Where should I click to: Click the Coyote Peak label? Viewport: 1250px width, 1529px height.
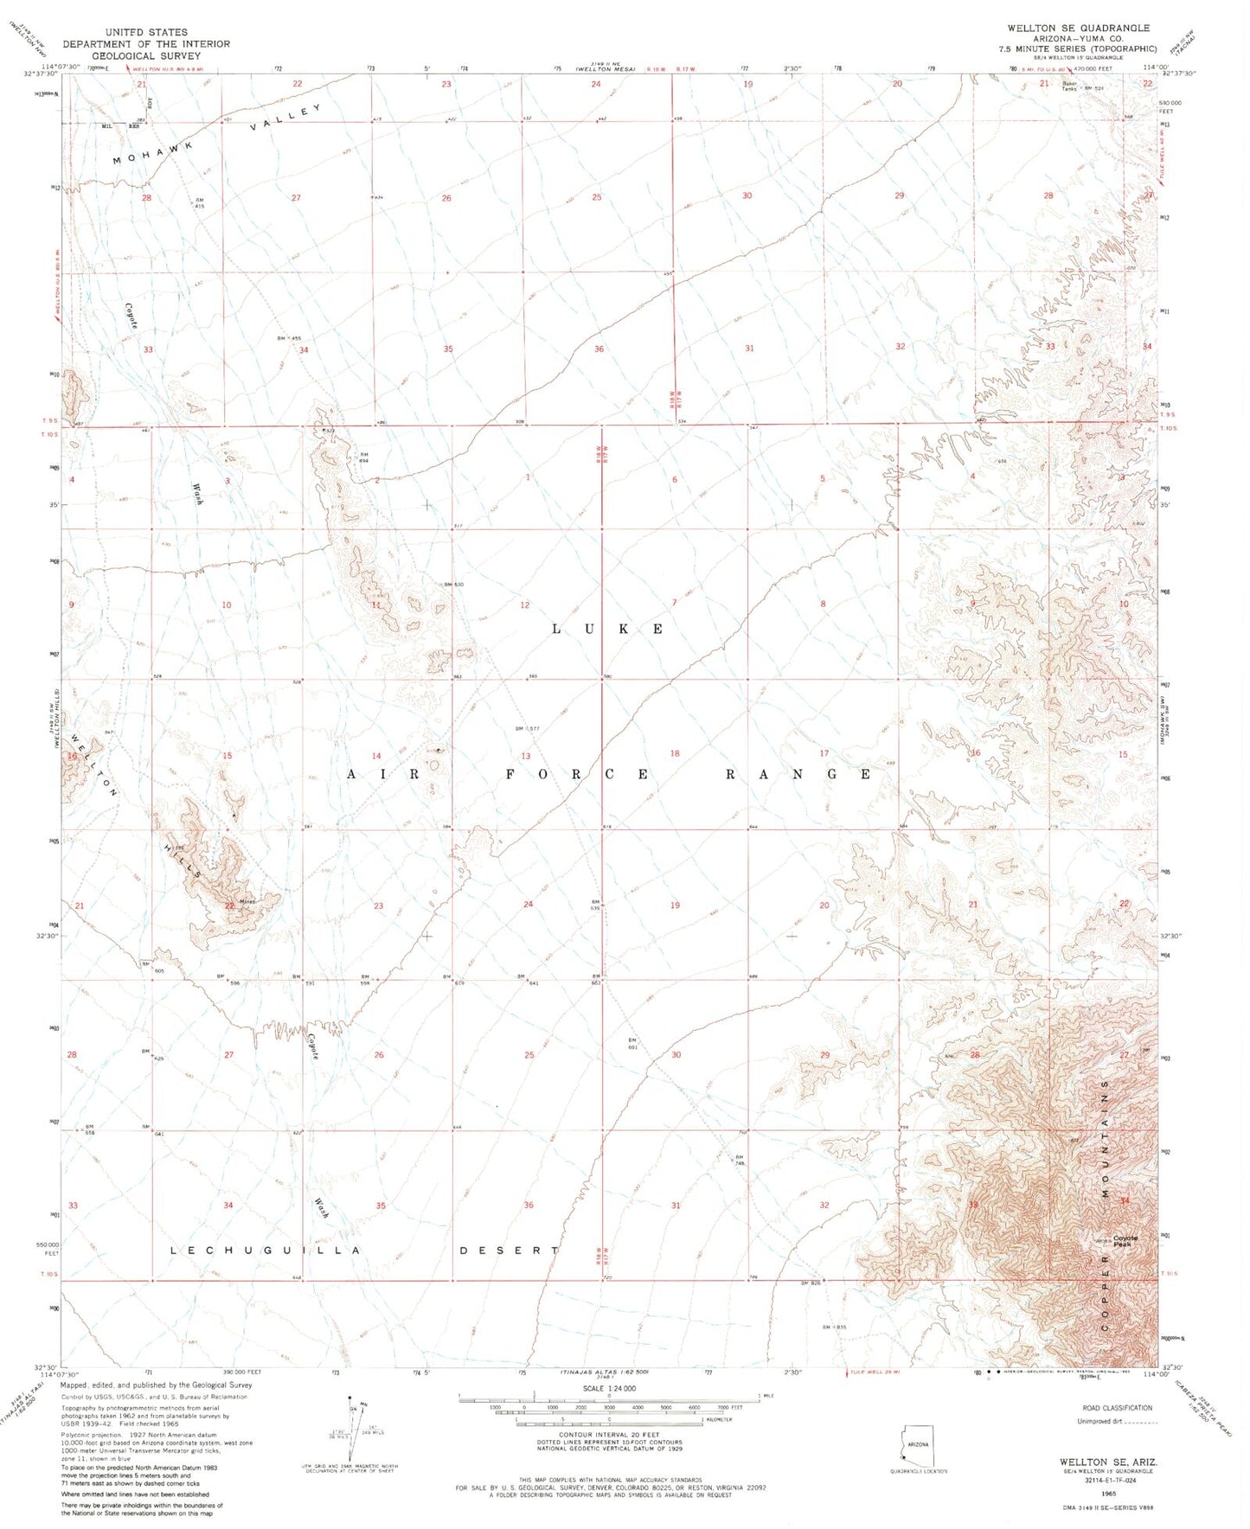[x=1125, y=1241]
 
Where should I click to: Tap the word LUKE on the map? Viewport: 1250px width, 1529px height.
[x=608, y=629]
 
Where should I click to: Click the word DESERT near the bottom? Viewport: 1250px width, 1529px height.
[x=509, y=1251]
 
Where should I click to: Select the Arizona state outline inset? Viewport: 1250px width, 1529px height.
[x=916, y=1447]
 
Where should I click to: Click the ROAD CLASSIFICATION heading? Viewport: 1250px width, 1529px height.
[x=1117, y=1409]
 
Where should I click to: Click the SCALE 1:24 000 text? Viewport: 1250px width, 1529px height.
[x=608, y=1388]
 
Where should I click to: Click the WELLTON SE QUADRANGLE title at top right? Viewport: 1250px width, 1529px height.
[x=1078, y=28]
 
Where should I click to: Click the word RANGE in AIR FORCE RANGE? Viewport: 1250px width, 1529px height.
[x=798, y=774]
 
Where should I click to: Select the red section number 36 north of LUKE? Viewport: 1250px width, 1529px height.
[x=599, y=349]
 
